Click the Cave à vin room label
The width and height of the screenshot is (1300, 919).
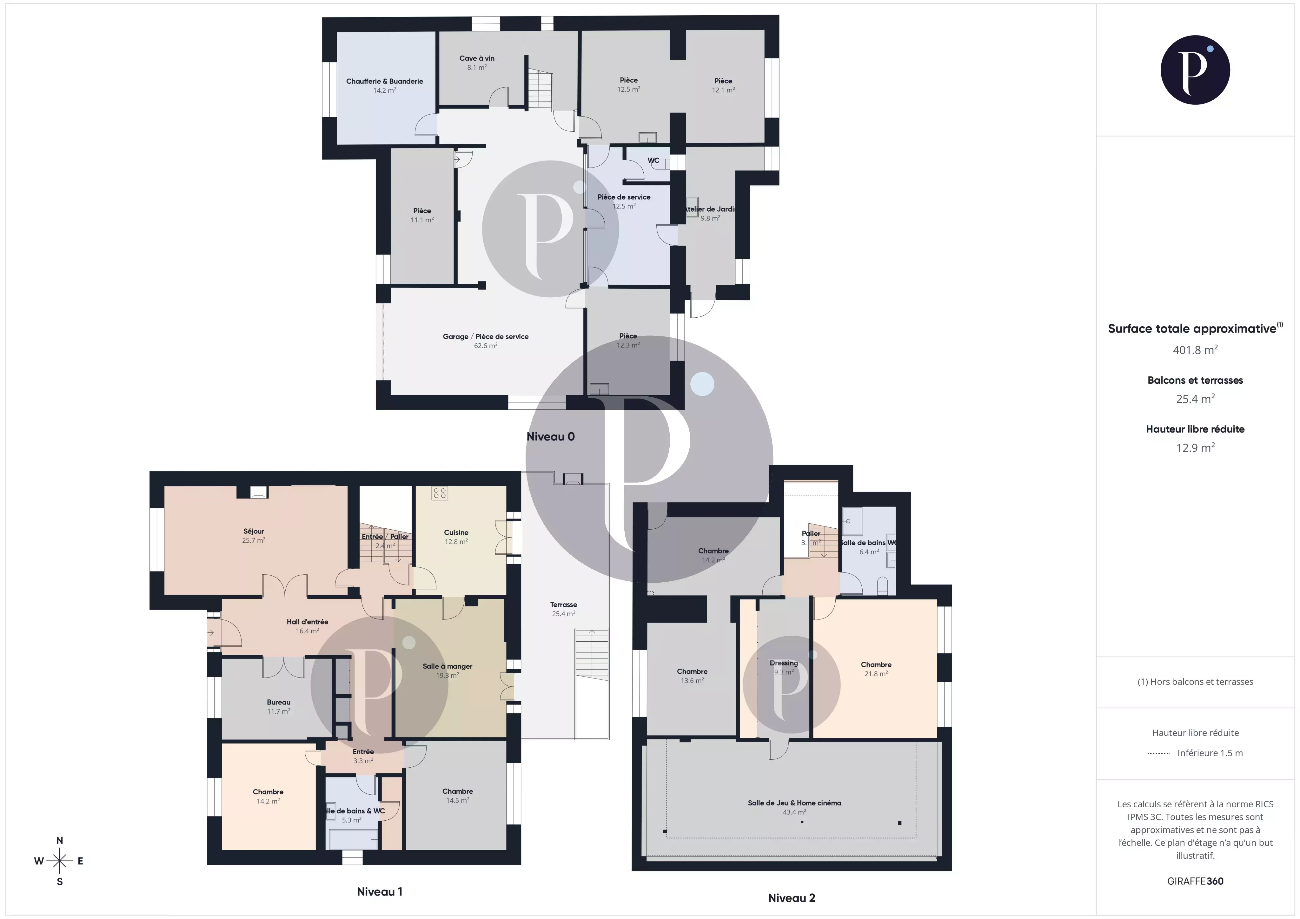point(477,58)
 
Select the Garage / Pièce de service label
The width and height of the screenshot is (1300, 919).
point(485,336)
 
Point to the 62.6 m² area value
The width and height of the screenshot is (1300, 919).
point(485,345)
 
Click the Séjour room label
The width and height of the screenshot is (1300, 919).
point(254,531)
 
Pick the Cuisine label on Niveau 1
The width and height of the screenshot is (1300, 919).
point(456,532)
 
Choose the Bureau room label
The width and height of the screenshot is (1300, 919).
point(279,702)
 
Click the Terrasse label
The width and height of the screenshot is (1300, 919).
point(563,604)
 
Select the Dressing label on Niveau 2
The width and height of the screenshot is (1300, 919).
point(784,663)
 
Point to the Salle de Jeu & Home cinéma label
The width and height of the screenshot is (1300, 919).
point(794,803)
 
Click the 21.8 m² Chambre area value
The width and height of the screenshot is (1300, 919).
point(876,674)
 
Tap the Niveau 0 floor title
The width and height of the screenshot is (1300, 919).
point(550,437)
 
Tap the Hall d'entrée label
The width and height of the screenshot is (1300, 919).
point(307,622)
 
